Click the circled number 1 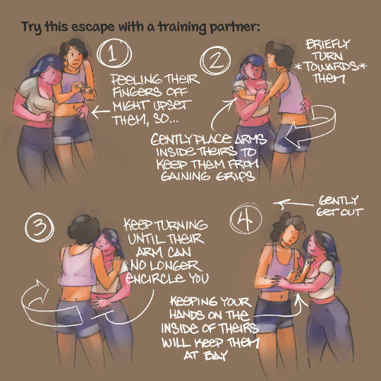pos(114,54)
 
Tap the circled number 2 pos(215,61)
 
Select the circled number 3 pos(40,228)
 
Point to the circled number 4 pos(246,219)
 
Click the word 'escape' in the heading pos(93,27)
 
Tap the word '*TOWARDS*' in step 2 pos(331,66)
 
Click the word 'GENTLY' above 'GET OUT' pos(339,201)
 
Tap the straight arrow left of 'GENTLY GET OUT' pos(294,204)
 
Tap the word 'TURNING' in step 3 pos(182,225)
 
